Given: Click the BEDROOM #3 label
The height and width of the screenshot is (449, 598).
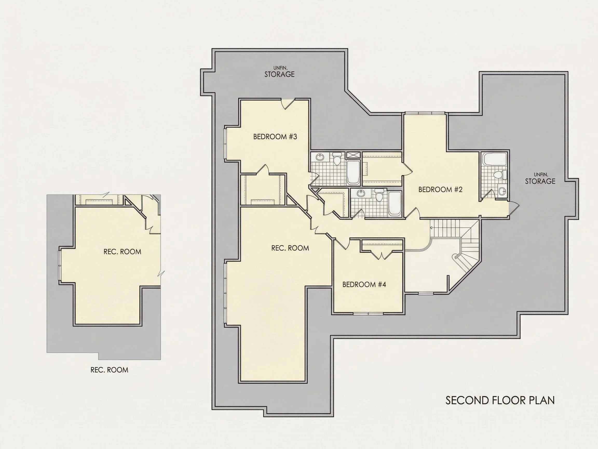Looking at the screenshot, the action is pyautogui.click(x=275, y=137).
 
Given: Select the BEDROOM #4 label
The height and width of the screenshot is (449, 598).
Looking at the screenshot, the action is pyautogui.click(x=364, y=285).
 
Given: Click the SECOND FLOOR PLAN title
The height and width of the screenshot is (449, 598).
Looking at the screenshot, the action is pyautogui.click(x=500, y=400).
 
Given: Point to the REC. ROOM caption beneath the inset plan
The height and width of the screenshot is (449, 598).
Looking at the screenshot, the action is pyautogui.click(x=109, y=370).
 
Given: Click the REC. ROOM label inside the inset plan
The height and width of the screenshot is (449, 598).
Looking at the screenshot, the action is pyautogui.click(x=122, y=252).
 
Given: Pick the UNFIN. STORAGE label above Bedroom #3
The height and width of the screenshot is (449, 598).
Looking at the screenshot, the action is pyautogui.click(x=280, y=72).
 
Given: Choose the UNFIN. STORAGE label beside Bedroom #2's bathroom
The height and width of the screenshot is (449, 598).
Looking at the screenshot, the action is pyautogui.click(x=540, y=179).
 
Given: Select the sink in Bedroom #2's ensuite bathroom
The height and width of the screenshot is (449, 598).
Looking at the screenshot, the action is pyautogui.click(x=502, y=191).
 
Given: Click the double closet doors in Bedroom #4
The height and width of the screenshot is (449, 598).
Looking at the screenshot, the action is pyautogui.click(x=382, y=255).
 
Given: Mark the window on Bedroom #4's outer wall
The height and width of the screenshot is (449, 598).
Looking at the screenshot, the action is pyautogui.click(x=369, y=314).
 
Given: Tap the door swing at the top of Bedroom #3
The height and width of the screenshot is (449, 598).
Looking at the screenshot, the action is pyautogui.click(x=288, y=104).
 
